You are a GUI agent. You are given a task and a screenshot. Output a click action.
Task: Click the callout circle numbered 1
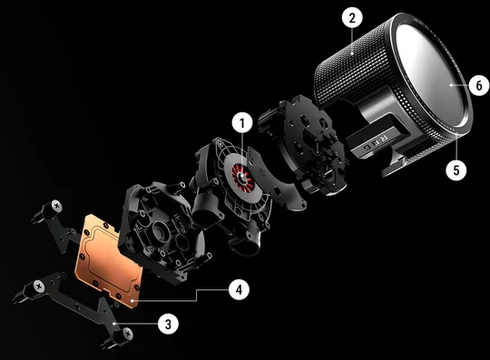[242, 123]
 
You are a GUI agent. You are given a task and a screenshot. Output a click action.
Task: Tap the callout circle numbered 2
[352, 18]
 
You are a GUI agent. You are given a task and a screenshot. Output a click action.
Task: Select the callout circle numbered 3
[168, 324]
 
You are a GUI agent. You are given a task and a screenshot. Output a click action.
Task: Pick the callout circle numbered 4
[239, 290]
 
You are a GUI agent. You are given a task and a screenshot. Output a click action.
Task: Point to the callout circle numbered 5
[456, 170]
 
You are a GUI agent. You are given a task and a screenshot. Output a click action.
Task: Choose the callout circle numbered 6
[479, 85]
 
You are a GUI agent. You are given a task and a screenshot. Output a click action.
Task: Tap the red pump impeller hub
[242, 177]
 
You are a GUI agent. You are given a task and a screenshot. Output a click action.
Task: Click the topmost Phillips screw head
[56, 206]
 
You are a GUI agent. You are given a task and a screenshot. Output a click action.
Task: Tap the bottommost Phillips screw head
[127, 334]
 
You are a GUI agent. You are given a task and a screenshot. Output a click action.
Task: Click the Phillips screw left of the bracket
[39, 287]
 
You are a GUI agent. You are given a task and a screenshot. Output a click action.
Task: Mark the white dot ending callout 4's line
[133, 301]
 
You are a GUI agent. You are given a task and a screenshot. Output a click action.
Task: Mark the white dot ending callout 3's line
[114, 324]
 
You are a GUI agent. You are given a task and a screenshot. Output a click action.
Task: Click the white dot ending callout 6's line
[451, 85]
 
